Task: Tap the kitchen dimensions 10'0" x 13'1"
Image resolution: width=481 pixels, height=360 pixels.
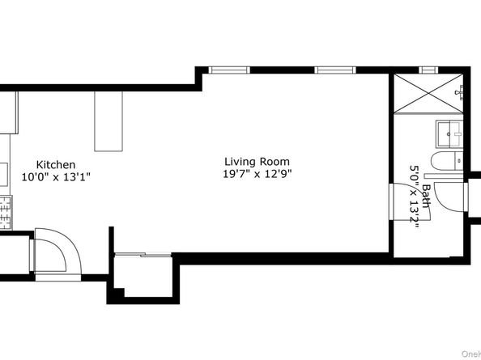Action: pyautogui.click(x=56, y=176)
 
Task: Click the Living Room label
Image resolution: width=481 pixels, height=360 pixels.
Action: pyautogui.click(x=257, y=161)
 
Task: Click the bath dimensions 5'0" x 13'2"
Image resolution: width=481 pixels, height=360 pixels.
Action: pyautogui.click(x=415, y=198)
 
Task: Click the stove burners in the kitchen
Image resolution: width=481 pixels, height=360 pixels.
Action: pyautogui.click(x=6, y=212)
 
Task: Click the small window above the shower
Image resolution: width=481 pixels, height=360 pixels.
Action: pyautogui.click(x=427, y=70)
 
